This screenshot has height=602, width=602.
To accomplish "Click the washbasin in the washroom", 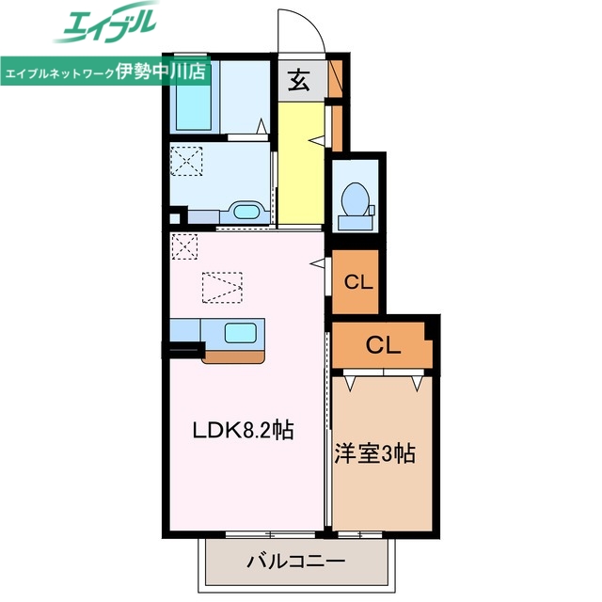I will click(246, 211).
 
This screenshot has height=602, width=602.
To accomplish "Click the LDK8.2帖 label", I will click(244, 431).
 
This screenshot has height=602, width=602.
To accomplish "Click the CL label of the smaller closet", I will click(358, 280).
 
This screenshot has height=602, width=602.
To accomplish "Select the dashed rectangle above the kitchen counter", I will click(222, 287).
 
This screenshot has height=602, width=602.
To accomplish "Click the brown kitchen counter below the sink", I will click(235, 356).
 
